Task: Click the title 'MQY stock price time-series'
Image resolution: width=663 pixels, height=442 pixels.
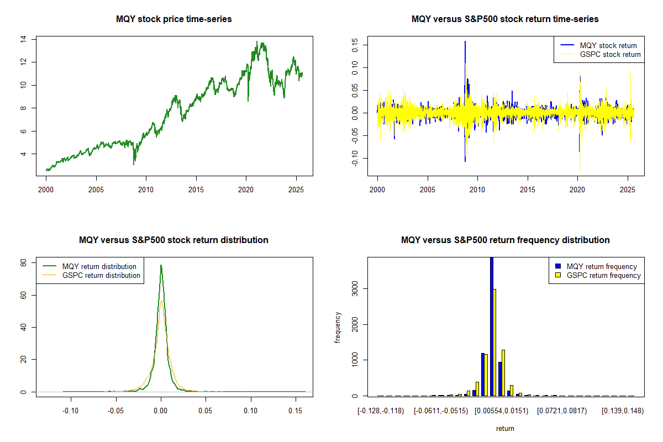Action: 173,19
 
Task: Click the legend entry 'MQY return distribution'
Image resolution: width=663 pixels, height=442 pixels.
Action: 99,266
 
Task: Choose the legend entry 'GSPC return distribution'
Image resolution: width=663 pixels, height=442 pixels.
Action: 101,275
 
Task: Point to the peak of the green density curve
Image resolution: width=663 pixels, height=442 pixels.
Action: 161,265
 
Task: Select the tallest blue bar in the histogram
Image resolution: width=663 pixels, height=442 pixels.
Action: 491,326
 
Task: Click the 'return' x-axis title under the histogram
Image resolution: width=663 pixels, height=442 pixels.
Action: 505,428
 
